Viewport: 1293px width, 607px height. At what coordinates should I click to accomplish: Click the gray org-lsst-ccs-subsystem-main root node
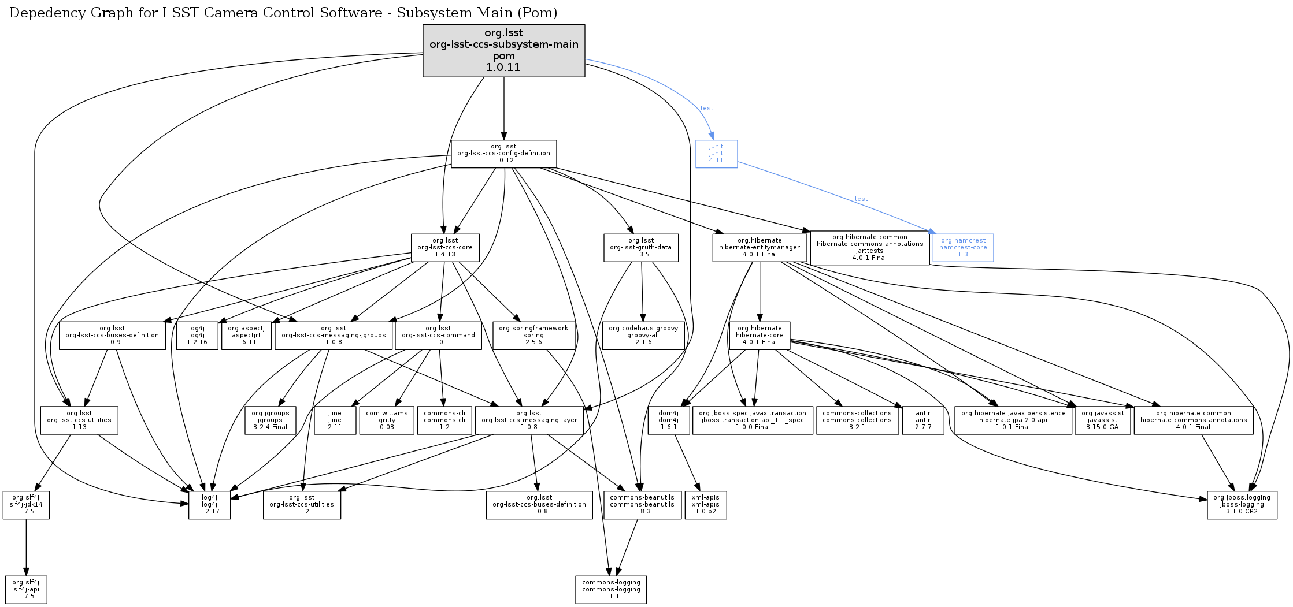(x=503, y=50)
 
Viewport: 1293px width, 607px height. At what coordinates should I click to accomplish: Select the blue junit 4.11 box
(x=716, y=154)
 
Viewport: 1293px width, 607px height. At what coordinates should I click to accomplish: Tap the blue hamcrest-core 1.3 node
(x=963, y=248)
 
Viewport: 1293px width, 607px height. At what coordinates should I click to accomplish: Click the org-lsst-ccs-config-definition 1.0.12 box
(x=503, y=154)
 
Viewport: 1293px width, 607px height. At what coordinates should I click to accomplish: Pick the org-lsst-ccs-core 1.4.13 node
(x=445, y=248)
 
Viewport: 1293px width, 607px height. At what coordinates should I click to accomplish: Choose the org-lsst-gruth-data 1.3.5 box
(x=640, y=248)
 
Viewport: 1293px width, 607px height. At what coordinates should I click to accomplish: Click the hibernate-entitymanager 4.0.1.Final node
(x=760, y=248)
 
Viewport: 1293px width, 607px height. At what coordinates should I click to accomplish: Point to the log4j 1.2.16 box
(x=197, y=336)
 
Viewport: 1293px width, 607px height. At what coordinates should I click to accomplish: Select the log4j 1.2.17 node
(x=209, y=505)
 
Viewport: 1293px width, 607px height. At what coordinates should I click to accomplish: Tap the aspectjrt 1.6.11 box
(x=246, y=336)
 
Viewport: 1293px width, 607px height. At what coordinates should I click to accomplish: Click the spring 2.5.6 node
(x=533, y=336)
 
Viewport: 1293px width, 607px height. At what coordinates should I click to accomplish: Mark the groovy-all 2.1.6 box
(x=643, y=336)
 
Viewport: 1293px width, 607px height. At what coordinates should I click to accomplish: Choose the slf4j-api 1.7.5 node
(x=26, y=590)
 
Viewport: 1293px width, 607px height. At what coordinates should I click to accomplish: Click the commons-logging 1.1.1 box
(x=611, y=590)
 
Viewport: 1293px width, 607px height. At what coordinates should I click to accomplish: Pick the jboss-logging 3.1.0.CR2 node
(x=1242, y=505)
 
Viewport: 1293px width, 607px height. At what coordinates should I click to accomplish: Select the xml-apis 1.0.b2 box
(x=705, y=505)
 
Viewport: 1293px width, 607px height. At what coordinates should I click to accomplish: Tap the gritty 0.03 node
(x=387, y=420)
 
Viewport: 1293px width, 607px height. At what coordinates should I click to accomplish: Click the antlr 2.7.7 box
(x=923, y=420)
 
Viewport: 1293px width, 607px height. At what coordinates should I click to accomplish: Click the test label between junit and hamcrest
(x=861, y=199)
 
